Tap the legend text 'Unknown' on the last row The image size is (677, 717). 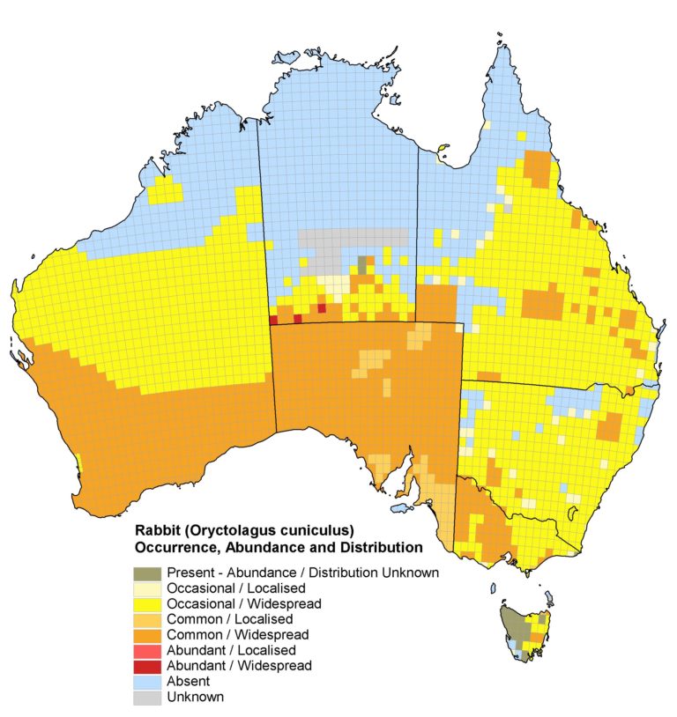(195, 698)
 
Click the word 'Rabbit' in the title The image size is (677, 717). (155, 531)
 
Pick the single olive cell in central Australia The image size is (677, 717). (362, 262)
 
